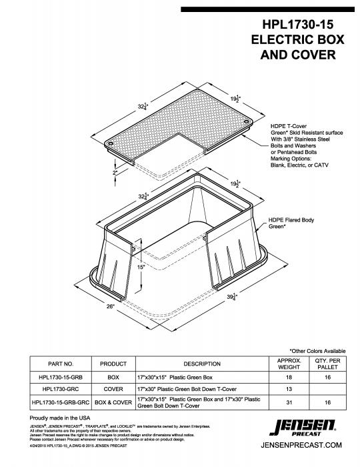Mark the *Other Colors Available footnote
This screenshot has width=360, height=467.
click(x=317, y=351)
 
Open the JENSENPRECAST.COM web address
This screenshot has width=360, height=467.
click(x=307, y=444)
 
